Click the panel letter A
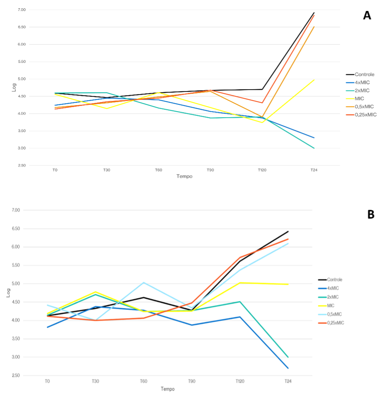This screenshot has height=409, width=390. pyautogui.click(x=367, y=16)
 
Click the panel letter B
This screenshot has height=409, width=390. pyautogui.click(x=371, y=215)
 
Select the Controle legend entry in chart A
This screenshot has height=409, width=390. pyautogui.click(x=364, y=74)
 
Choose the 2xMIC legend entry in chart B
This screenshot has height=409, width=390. pyautogui.click(x=333, y=297)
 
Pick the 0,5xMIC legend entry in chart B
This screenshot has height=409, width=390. pyautogui.click(x=335, y=314)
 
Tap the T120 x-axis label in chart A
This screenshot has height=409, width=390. pyautogui.click(x=262, y=170)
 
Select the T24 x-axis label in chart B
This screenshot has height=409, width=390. pyautogui.click(x=288, y=381)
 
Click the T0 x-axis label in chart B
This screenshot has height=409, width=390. pyautogui.click(x=47, y=381)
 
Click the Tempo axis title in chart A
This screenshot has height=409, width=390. pyautogui.click(x=184, y=176)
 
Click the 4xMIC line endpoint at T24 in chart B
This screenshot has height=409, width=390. pyautogui.click(x=288, y=368)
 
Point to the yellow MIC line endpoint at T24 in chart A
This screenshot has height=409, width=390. pyautogui.click(x=314, y=80)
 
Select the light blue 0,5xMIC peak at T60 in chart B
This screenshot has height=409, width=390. pyautogui.click(x=144, y=282)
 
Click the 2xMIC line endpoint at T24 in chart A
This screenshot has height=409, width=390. pyautogui.click(x=314, y=148)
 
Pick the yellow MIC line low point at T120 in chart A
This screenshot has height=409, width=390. pyautogui.click(x=262, y=122)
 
